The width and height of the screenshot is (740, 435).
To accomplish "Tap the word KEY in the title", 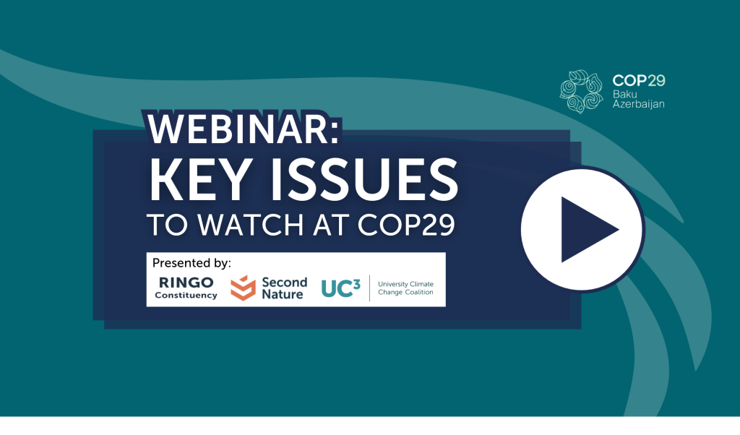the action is tap(199, 180).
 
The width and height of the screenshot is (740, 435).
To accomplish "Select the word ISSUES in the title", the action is tap(364, 180).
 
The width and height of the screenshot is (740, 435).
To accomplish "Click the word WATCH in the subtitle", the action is tap(250, 225).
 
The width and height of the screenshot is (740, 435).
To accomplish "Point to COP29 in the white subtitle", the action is tap(406, 225).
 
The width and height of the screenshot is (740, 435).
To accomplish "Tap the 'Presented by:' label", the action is tap(192, 263).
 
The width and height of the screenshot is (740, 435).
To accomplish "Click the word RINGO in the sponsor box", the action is tap(186, 283).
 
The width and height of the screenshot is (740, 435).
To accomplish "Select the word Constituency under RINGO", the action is tap(186, 296).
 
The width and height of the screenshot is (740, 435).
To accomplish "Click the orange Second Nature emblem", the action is tap(243, 288).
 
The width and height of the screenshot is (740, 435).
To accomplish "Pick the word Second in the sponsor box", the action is tap(285, 282).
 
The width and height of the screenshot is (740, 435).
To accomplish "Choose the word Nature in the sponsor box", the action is tap(283, 294).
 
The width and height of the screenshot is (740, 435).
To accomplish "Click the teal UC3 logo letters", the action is tap(341, 288).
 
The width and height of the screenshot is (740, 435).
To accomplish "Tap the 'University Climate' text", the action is tap(406, 284).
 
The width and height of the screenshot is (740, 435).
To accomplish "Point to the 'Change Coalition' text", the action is tap(406, 292).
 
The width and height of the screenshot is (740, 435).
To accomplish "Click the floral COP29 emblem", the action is tap(582, 92).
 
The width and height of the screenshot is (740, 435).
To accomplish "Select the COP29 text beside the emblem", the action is tap(639, 81).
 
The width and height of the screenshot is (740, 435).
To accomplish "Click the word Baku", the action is tap(625, 95).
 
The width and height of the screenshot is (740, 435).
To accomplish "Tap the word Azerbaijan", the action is tap(639, 104).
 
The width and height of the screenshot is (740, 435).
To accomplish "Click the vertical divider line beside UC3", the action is tap(369, 288).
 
